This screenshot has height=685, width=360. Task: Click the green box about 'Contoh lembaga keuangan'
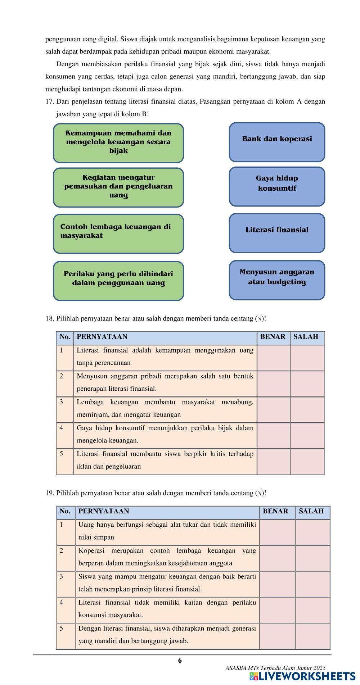pos(118,233)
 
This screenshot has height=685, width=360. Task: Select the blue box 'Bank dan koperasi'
pos(277,142)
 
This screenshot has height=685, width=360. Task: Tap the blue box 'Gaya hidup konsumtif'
pos(277,186)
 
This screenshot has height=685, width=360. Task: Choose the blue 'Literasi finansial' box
pos(277,233)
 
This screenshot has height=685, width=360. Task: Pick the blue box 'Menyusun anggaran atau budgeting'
pos(277,280)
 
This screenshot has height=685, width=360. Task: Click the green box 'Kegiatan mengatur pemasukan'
pos(118,187)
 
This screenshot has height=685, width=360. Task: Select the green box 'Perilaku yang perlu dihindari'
pos(118,281)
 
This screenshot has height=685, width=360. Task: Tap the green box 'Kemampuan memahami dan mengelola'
pos(118,143)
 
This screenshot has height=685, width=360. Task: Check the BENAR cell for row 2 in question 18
pos(273,384)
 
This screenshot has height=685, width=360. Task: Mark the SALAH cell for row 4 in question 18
pos(307,435)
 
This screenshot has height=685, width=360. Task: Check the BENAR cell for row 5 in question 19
pos(278,636)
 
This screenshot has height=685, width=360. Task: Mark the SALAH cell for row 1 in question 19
pos(312,532)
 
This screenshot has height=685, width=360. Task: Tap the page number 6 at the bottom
pos(180,661)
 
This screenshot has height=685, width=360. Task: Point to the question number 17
pos(49,102)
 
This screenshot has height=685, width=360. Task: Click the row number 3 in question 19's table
pos(62,577)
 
